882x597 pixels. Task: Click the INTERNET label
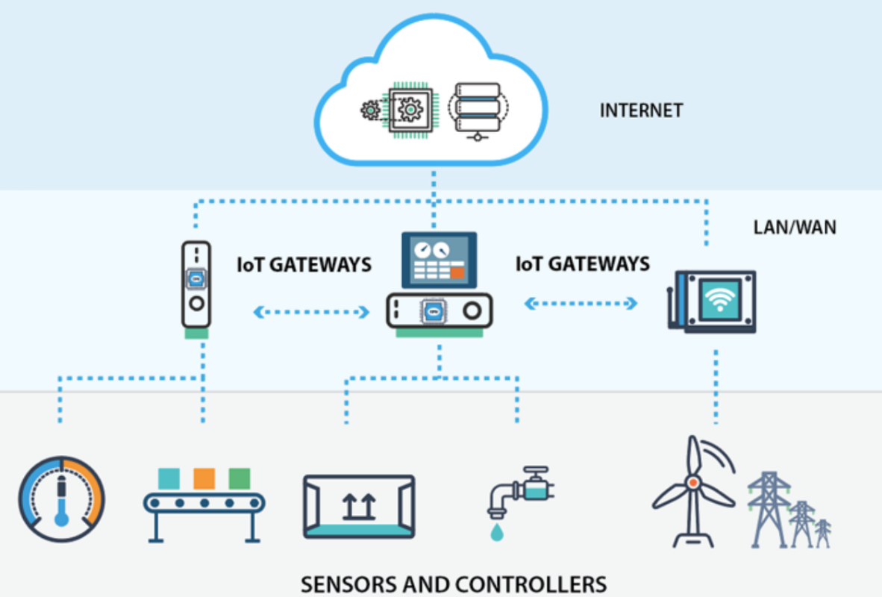pyautogui.click(x=641, y=111)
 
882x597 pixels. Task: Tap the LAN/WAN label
pyautogui.click(x=795, y=227)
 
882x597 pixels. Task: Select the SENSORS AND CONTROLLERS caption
pyautogui.click(x=454, y=583)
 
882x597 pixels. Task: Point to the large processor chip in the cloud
pyautogui.click(x=410, y=110)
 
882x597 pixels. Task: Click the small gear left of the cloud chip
pyautogui.click(x=370, y=111)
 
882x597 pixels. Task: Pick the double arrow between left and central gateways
pyautogui.click(x=311, y=312)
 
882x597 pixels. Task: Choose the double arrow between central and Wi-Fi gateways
pyautogui.click(x=581, y=303)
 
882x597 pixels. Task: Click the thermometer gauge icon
pyautogui.click(x=61, y=498)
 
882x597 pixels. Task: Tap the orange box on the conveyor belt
pyautogui.click(x=204, y=478)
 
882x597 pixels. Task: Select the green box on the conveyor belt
pyautogui.click(x=239, y=478)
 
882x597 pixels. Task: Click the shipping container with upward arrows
pyautogui.click(x=359, y=506)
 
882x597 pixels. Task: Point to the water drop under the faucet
pyautogui.click(x=496, y=532)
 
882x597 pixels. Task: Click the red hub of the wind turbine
pyautogui.click(x=693, y=483)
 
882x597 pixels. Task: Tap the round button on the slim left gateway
pyautogui.click(x=196, y=304)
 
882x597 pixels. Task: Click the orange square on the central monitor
pyautogui.click(x=457, y=273)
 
